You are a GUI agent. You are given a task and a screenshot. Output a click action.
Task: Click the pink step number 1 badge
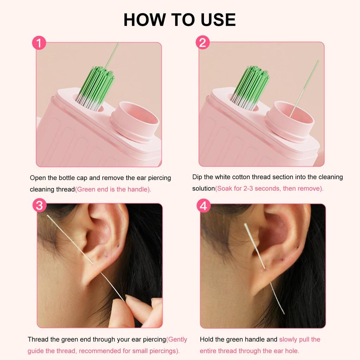click(x=39, y=43)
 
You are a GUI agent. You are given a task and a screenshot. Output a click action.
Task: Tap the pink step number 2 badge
click(x=202, y=43)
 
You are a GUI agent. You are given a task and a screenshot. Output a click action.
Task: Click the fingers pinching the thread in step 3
click(x=139, y=309)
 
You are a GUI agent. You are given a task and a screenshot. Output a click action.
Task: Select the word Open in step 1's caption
click(x=38, y=178)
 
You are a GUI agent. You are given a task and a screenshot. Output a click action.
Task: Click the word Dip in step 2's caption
click(x=198, y=177)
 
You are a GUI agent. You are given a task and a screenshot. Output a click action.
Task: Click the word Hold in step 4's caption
click(x=207, y=340)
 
